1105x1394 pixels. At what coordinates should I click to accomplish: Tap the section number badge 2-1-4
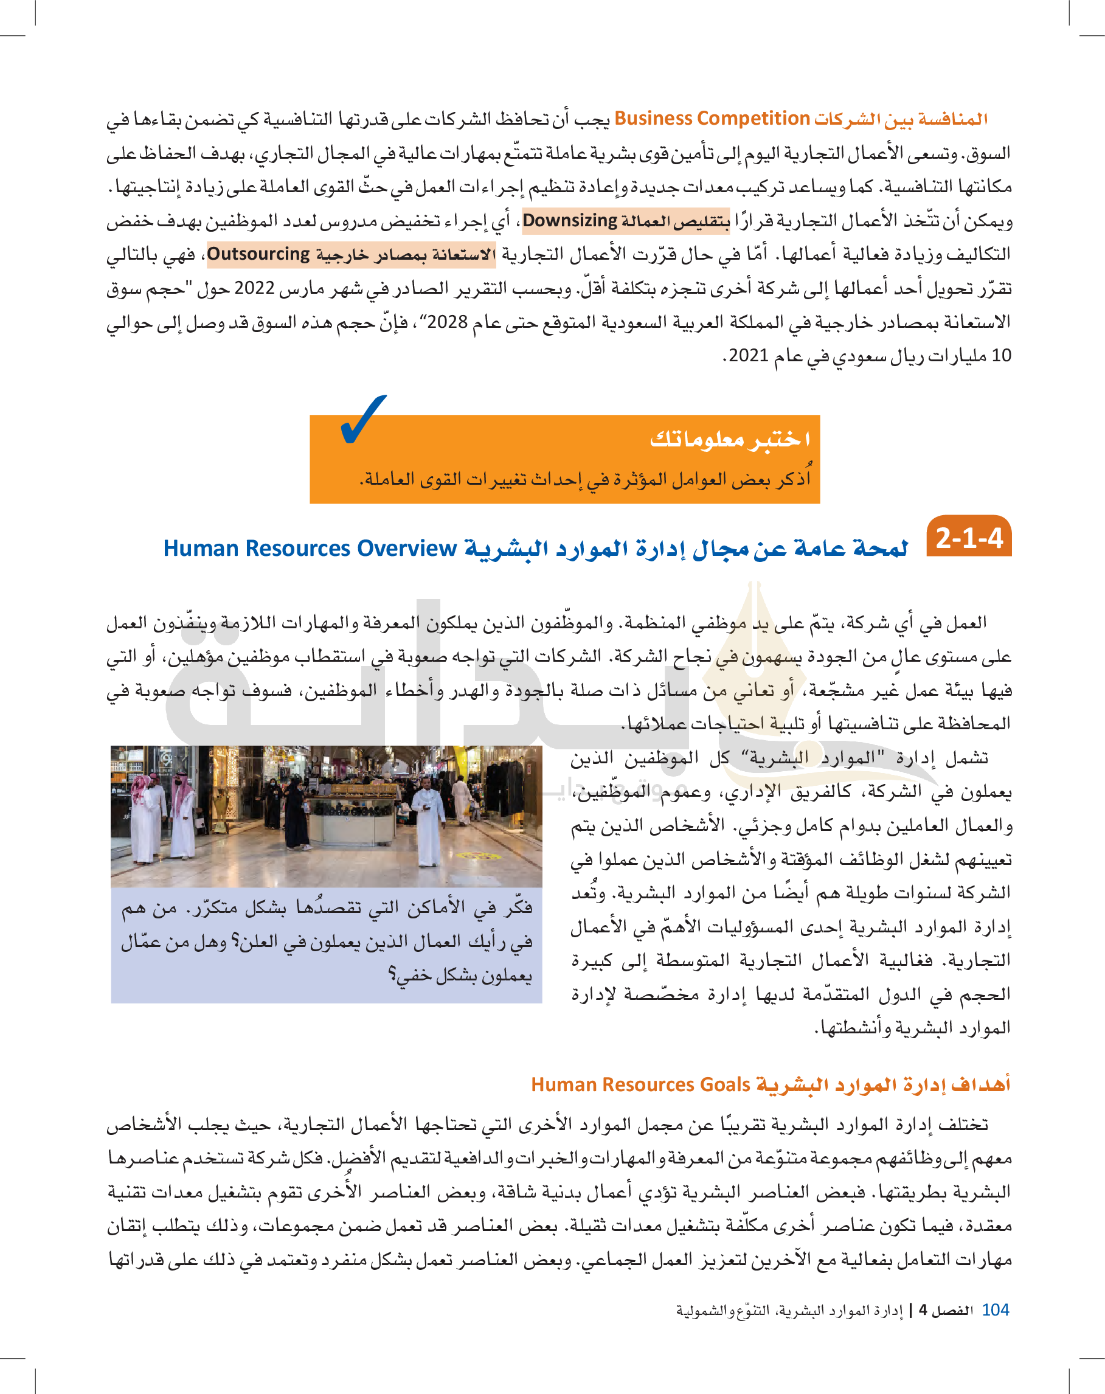969,537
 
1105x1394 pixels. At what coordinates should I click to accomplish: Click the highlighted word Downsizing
570,221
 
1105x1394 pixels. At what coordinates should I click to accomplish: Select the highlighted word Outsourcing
258,254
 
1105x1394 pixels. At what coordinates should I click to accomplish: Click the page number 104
995,1310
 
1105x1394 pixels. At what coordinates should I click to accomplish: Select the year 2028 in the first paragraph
447,321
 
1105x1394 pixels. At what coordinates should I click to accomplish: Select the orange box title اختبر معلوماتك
729,439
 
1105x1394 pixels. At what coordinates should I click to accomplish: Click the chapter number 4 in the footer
923,1311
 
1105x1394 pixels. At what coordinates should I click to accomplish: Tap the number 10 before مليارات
1001,355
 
